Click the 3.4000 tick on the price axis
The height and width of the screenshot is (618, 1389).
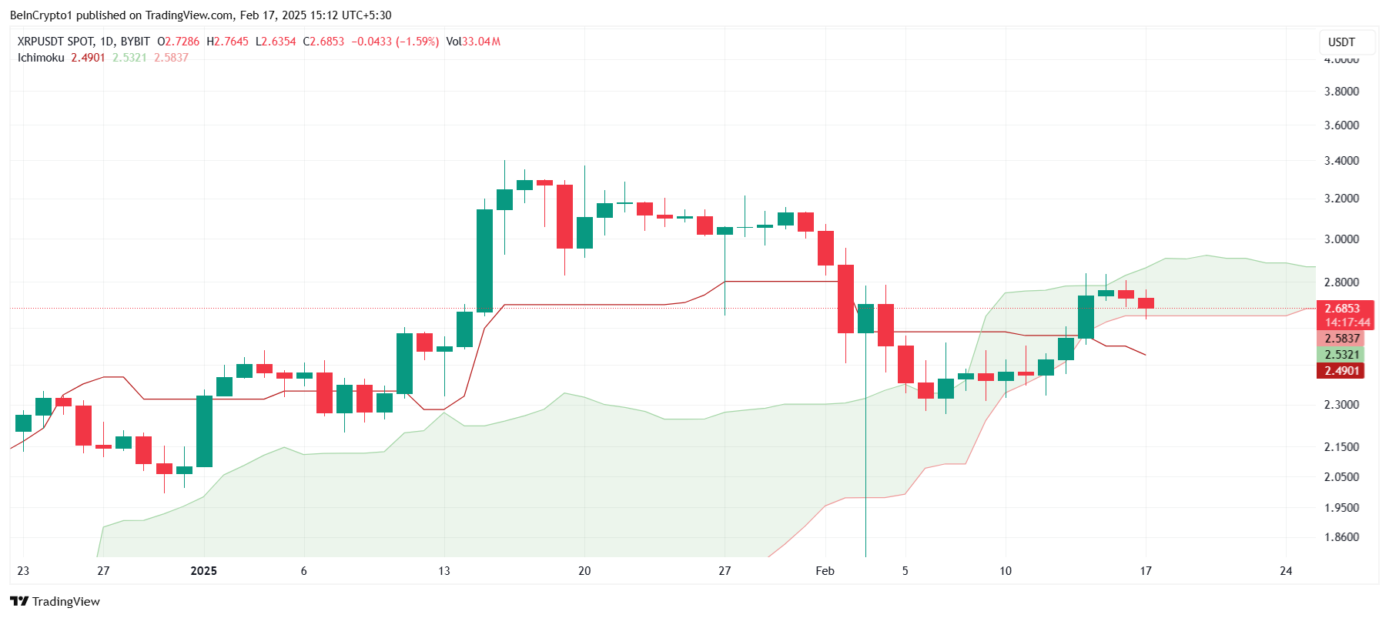(x=1341, y=161)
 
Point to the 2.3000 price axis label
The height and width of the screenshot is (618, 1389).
(x=1341, y=404)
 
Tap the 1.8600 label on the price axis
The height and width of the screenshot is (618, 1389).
(x=1341, y=537)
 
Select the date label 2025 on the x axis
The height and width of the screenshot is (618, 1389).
(x=203, y=571)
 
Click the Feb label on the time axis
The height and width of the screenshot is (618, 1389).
(x=825, y=571)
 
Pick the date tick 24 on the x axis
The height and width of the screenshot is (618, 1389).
(x=1286, y=571)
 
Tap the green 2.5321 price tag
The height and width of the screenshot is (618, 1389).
(x=1341, y=355)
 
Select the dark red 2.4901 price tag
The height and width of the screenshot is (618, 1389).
(x=1341, y=371)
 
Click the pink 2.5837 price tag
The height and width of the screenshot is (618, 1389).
(x=1341, y=339)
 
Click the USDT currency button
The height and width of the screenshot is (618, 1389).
(x=1341, y=42)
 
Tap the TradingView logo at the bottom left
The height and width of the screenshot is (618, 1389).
(x=55, y=602)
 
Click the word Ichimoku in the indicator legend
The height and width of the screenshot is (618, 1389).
(x=41, y=58)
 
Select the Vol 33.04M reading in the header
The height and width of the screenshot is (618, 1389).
(x=474, y=42)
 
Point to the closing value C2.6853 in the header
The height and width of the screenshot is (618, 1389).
(x=323, y=42)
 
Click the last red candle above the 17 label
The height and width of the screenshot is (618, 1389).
(x=1146, y=303)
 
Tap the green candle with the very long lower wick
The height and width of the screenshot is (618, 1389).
(x=865, y=319)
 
